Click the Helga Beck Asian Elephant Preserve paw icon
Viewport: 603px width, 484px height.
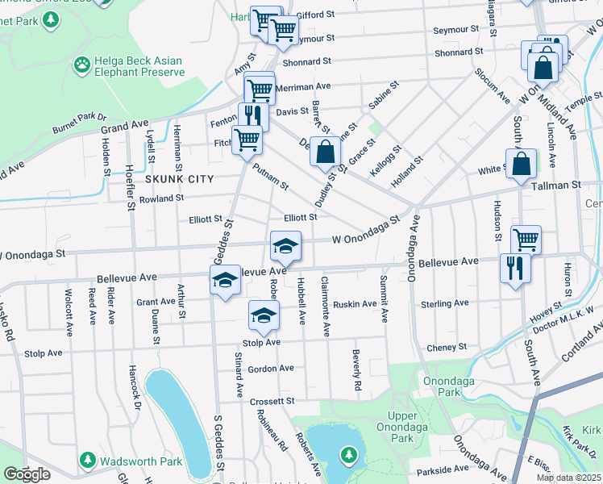click(82, 63)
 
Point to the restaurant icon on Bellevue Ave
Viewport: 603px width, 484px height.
click(515, 267)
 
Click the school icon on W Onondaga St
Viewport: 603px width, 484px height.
click(285, 245)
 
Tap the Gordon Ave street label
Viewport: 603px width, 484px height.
click(271, 369)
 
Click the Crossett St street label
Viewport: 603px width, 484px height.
click(272, 401)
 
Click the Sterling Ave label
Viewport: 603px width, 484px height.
click(444, 303)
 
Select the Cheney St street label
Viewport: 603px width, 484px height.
click(441, 348)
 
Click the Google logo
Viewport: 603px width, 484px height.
click(27, 474)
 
